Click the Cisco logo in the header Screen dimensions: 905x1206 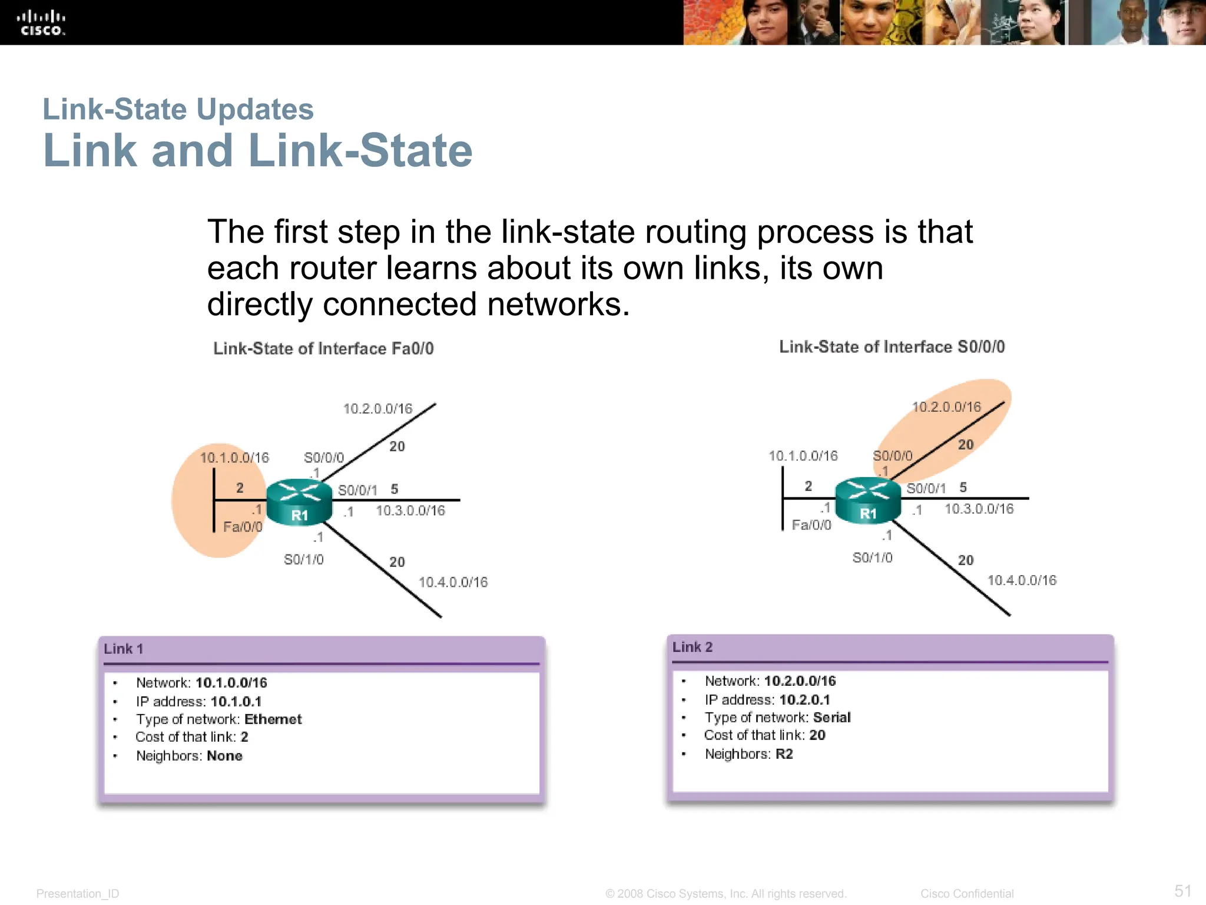[x=41, y=23]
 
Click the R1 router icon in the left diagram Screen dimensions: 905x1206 [x=299, y=502]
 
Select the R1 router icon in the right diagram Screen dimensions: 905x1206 [x=868, y=500]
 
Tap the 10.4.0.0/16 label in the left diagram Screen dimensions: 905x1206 [x=453, y=582]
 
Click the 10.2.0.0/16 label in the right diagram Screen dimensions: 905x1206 [x=946, y=407]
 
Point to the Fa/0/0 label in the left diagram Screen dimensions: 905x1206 [x=243, y=527]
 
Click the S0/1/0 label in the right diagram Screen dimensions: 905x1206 [x=872, y=557]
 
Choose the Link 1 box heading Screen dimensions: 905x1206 [x=124, y=649]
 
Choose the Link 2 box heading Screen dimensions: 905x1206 [x=693, y=647]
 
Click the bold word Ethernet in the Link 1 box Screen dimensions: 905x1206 [x=273, y=719]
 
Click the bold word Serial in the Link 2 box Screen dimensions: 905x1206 [x=831, y=717]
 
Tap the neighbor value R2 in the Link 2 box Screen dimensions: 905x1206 [x=784, y=754]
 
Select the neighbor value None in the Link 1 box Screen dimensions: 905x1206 [x=224, y=755]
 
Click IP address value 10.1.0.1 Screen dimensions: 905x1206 [x=236, y=701]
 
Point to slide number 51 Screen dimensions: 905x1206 [x=1182, y=890]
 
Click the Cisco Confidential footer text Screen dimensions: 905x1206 [x=966, y=893]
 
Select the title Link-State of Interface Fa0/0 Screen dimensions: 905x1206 [x=323, y=348]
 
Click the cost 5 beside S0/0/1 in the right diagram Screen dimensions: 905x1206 [x=963, y=487]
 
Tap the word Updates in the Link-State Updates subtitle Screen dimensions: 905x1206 [x=254, y=109]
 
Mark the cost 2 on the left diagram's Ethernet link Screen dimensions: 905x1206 [x=240, y=488]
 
